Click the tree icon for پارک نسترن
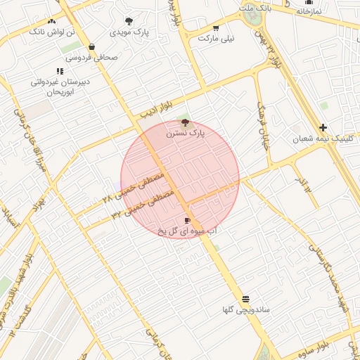[186, 122]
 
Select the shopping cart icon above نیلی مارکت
[216, 28]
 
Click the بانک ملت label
[255, 8]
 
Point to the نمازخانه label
[309, 11]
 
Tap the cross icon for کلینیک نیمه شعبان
[323, 127]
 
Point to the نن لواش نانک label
[51, 32]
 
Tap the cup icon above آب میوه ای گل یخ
[187, 220]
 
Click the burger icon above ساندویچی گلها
[245, 299]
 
